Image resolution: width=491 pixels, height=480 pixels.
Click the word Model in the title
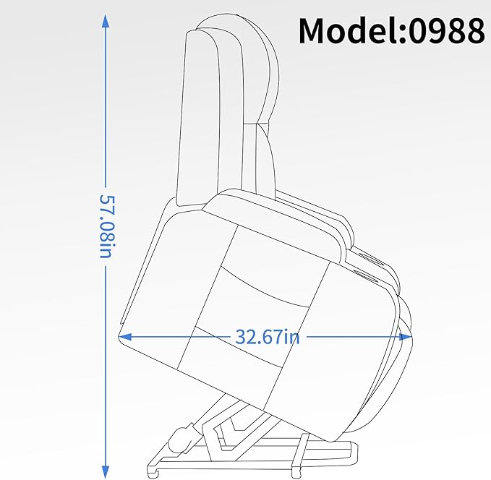pyautogui.click(x=348, y=30)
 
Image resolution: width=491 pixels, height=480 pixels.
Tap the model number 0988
pyautogui.click(x=447, y=30)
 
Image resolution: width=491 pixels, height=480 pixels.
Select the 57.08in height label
pyautogui.click(x=106, y=227)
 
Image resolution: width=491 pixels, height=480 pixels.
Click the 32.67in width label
pyautogui.click(x=268, y=337)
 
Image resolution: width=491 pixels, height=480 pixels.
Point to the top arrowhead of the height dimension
pyautogui.click(x=106, y=22)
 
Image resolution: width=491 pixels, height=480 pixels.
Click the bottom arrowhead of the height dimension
pyautogui.click(x=106, y=471)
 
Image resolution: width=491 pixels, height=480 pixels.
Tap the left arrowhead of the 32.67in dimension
pyautogui.click(x=124, y=337)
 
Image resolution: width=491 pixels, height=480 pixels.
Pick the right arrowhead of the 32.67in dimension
pyautogui.click(x=406, y=337)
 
